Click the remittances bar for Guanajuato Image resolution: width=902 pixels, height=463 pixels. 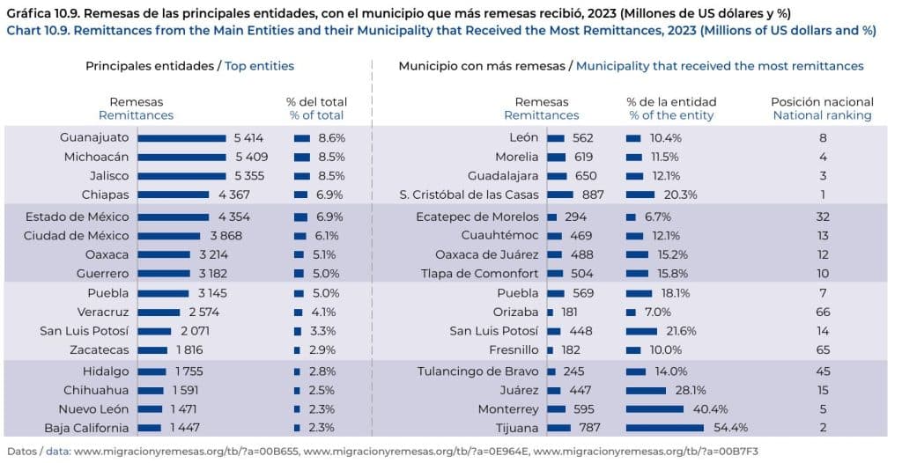[x=181, y=138]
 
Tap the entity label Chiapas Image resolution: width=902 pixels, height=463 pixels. [x=106, y=195]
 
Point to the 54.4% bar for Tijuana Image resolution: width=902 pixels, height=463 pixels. [x=664, y=429]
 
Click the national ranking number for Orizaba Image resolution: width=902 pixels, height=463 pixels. [x=822, y=312]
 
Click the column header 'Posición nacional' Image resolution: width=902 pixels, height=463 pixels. [x=822, y=102]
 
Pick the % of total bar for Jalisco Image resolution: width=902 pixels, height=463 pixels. [x=302, y=176]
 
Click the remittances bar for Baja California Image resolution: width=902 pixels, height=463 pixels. [x=150, y=429]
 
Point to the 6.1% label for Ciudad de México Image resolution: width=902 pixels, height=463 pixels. [x=329, y=236]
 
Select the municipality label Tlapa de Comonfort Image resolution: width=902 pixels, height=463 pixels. [x=482, y=274]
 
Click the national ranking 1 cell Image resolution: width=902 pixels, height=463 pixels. [x=822, y=195]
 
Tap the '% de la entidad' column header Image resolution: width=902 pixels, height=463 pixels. [x=671, y=102]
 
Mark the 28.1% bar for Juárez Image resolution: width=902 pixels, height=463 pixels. [x=646, y=390]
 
